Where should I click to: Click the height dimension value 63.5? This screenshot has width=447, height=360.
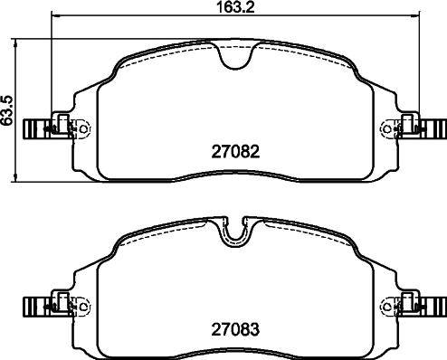tap(8, 109)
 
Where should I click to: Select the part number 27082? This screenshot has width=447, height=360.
tap(234, 152)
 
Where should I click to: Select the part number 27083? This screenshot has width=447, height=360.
tap(234, 330)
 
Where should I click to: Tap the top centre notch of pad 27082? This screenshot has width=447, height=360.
tap(235, 58)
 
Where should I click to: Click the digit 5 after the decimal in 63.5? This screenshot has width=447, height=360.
tap(8, 97)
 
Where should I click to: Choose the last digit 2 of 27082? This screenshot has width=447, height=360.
tap(256, 152)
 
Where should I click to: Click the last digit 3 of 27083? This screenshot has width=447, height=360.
tap(256, 330)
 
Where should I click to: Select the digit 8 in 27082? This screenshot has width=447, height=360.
tap(245, 152)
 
